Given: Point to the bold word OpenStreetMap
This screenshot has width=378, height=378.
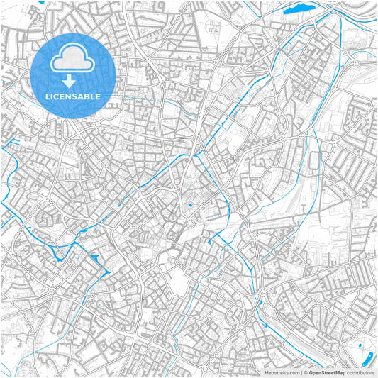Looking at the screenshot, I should (x=327, y=372).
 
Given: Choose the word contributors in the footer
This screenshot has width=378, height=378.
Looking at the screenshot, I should (x=360, y=372).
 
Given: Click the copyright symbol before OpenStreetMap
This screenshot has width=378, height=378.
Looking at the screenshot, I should (x=305, y=372).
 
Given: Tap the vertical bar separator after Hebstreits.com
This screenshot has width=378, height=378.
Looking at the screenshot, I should (x=300, y=372).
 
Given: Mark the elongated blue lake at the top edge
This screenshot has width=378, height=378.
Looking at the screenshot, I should (x=299, y=9).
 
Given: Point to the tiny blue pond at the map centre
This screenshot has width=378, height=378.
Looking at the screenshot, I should (x=189, y=206).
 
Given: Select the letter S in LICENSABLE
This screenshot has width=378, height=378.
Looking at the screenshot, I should (x=72, y=96).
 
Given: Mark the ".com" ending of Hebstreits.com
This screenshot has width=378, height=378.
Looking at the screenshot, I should (x=292, y=372).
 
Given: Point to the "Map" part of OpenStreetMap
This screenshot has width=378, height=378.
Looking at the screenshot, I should (x=340, y=372).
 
